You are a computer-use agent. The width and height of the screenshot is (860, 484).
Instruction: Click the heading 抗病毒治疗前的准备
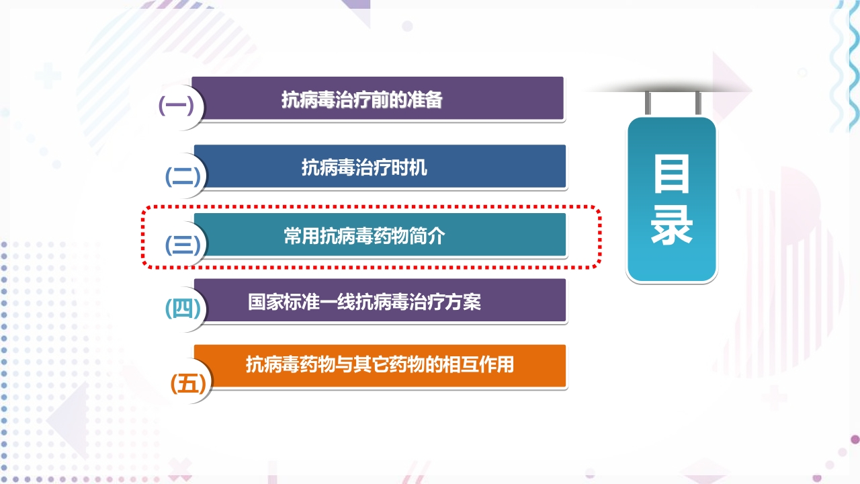tap(362, 100)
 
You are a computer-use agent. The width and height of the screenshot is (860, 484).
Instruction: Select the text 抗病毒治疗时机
tap(364, 167)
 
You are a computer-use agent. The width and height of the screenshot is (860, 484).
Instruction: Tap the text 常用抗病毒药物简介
tap(364, 236)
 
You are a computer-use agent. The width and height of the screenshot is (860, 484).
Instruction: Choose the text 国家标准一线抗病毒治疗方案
tap(364, 302)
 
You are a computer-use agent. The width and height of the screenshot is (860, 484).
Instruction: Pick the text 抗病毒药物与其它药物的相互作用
tap(380, 365)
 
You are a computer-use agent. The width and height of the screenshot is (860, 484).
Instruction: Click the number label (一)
tap(176, 106)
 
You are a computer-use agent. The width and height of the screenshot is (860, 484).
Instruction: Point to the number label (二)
tap(183, 177)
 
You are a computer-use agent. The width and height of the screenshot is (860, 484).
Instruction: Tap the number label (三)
tap(183, 245)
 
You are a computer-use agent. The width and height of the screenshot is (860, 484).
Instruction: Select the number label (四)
tap(183, 309)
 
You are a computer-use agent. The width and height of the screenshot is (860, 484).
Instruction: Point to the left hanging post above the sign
tap(648, 103)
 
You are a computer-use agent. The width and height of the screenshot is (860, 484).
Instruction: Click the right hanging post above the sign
tap(697, 103)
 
